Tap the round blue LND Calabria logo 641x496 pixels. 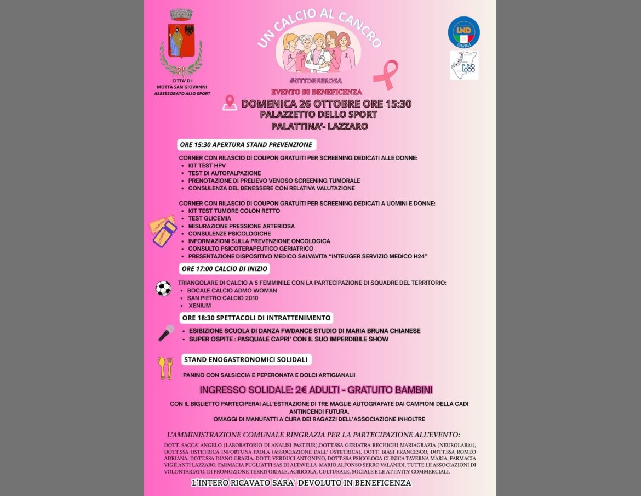point(463,32)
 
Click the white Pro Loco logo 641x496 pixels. point(464,65)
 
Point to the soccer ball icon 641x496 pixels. point(163,289)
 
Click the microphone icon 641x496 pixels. point(166,332)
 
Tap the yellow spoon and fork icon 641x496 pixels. point(165,368)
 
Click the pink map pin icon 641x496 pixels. point(230,103)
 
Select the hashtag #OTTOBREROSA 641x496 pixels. point(316,81)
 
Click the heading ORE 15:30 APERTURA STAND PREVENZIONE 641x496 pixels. point(247,145)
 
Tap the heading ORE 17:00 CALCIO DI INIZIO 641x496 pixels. point(225,269)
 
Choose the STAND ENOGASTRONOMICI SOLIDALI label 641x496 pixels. point(246,359)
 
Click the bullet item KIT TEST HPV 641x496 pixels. point(207,166)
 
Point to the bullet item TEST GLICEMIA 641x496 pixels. point(209,218)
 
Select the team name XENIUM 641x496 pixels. point(199,306)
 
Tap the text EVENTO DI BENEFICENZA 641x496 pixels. point(317,92)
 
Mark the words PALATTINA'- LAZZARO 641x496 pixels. point(319,127)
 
